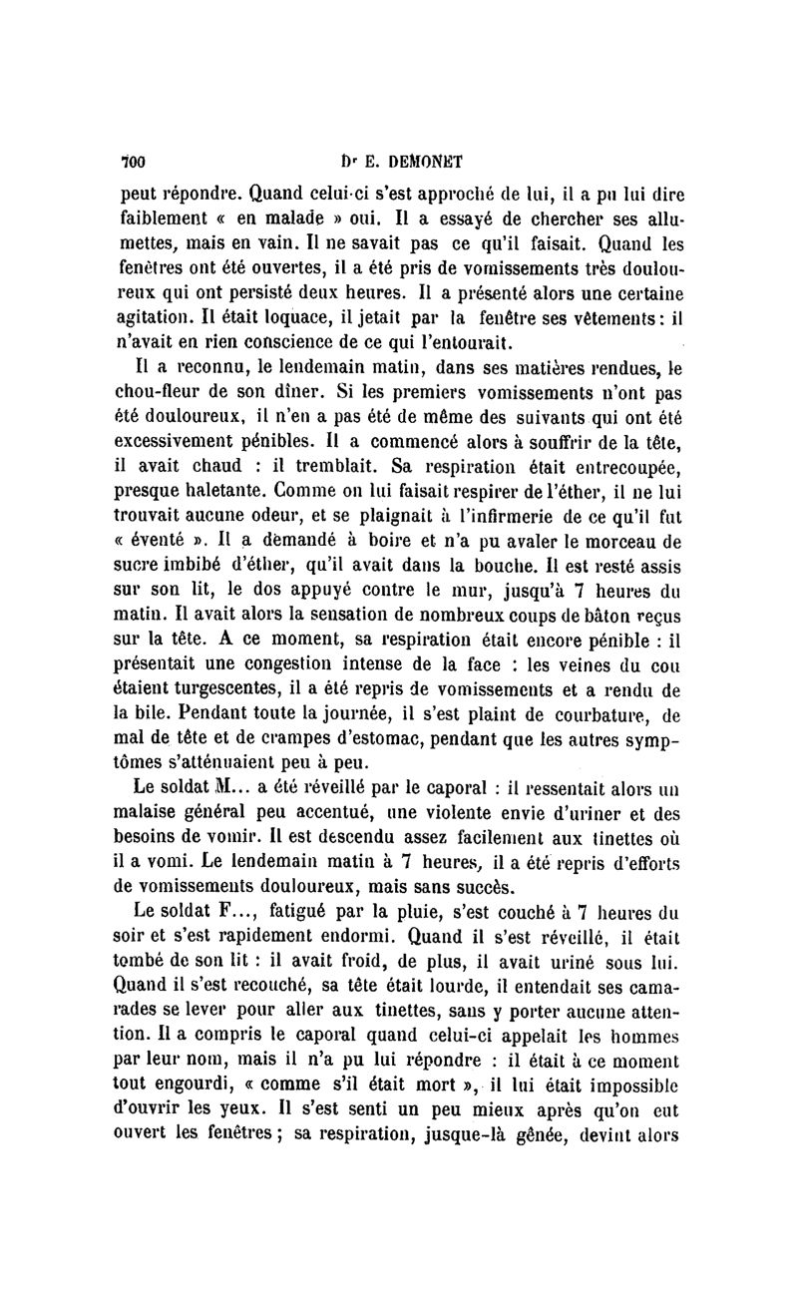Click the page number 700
(x=134, y=160)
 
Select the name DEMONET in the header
(x=411, y=160)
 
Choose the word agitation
(x=161, y=319)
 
